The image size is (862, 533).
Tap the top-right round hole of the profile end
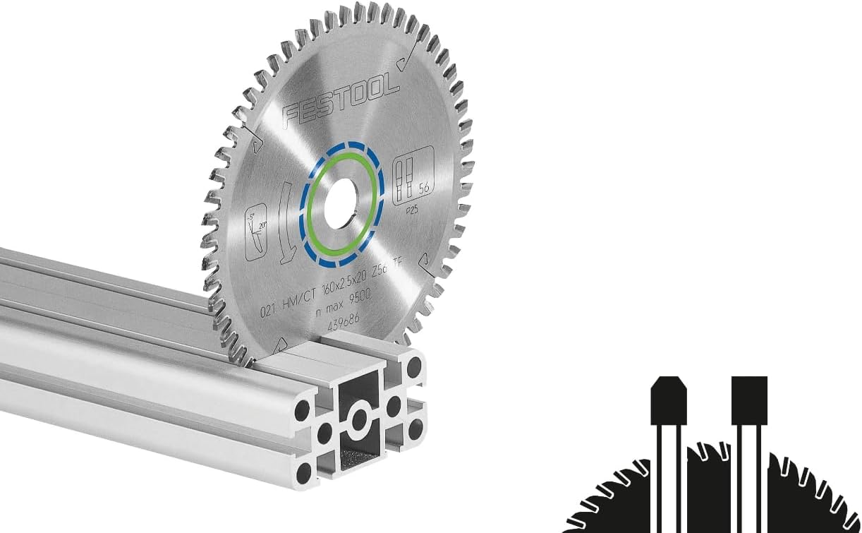pyautogui.click(x=414, y=366)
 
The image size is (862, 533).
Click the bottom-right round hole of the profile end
pyautogui.click(x=416, y=426)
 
